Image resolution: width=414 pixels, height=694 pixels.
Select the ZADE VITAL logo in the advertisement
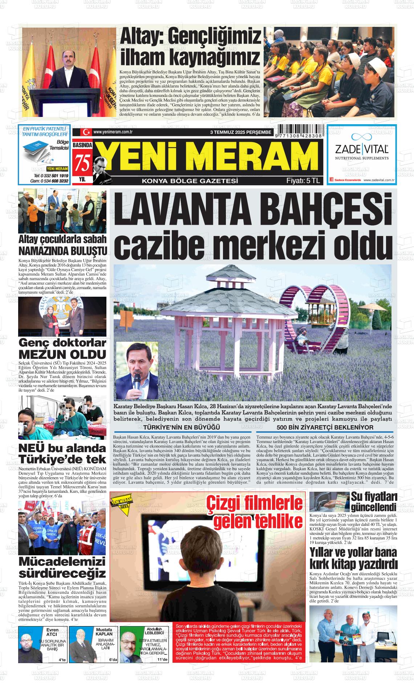point(361,149)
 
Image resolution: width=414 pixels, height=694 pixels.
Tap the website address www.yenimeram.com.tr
point(112,132)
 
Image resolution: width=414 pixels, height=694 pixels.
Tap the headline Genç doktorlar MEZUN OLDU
point(62,348)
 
